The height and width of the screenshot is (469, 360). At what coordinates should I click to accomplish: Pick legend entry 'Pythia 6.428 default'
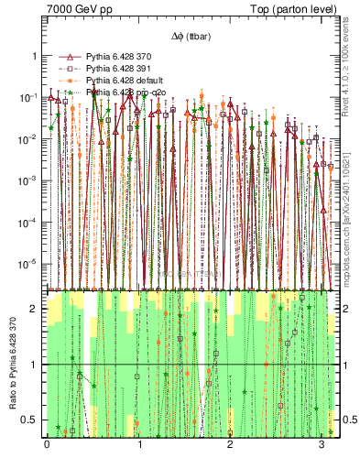[125, 81]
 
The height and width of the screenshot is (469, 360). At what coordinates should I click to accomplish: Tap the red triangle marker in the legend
[67, 57]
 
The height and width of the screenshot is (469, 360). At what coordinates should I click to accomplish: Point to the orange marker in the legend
[67, 81]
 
